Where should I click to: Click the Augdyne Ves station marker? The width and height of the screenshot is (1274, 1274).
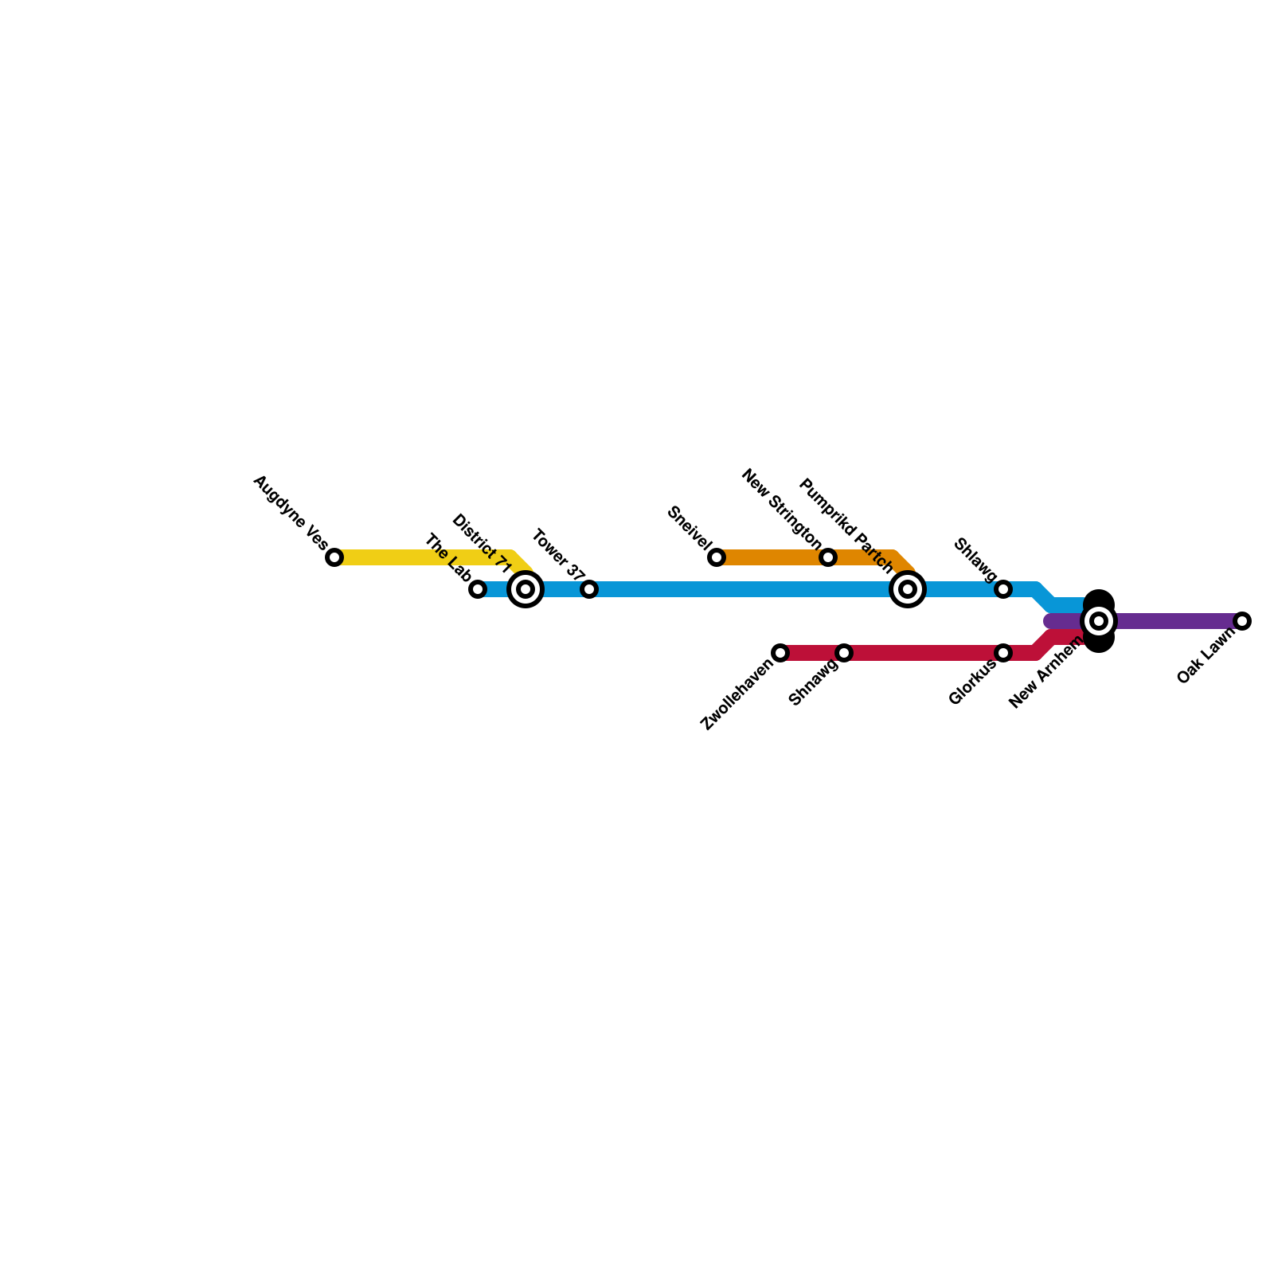(334, 557)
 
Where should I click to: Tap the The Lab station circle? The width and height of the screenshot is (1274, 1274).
(478, 589)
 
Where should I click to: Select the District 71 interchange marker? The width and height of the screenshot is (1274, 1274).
(526, 589)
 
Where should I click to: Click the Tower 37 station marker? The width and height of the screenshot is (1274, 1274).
(589, 589)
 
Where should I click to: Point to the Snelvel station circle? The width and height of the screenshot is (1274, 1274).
(717, 557)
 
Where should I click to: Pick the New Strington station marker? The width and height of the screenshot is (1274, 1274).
(828, 557)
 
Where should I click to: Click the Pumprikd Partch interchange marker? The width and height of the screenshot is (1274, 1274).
(908, 589)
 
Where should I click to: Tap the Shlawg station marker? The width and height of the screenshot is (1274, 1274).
(1003, 589)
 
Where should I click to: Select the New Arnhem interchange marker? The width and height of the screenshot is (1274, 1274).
(1099, 621)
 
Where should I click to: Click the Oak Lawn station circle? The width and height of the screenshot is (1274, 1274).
(1242, 621)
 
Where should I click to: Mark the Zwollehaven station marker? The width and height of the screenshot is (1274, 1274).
(780, 653)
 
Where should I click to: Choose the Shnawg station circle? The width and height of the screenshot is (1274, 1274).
(844, 653)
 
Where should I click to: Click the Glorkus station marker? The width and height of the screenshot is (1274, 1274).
(1003, 653)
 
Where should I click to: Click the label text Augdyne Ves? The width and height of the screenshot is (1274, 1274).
(290, 513)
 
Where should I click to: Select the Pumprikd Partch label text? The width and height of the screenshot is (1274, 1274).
(846, 525)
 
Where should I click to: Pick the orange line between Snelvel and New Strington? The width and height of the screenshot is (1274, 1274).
(772, 557)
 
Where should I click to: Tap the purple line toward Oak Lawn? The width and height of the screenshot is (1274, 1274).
(1170, 621)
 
